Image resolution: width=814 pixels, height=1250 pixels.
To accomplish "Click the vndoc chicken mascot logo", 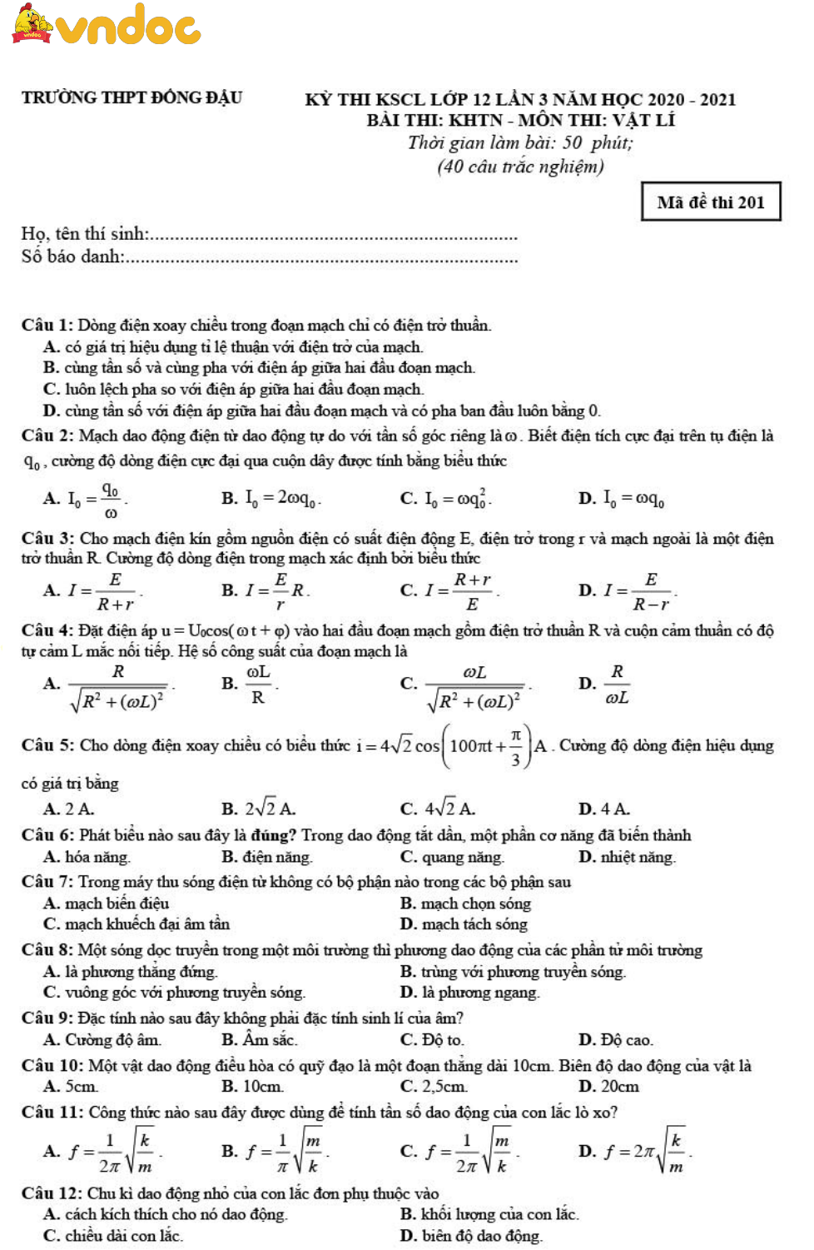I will point(32,23).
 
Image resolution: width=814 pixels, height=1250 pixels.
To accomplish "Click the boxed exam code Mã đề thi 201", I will point(711,202).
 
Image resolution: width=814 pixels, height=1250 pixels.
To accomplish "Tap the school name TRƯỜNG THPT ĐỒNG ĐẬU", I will point(132,97).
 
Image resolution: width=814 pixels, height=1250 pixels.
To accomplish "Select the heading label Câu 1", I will point(47,325).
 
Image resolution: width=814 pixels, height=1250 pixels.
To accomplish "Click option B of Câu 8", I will point(513,971).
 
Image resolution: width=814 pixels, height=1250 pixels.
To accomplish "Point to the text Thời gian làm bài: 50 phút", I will point(520,142).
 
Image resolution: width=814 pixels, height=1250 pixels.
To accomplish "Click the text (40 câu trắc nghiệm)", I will point(520,166).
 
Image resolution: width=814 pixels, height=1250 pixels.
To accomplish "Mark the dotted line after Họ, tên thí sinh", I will point(333,237).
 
